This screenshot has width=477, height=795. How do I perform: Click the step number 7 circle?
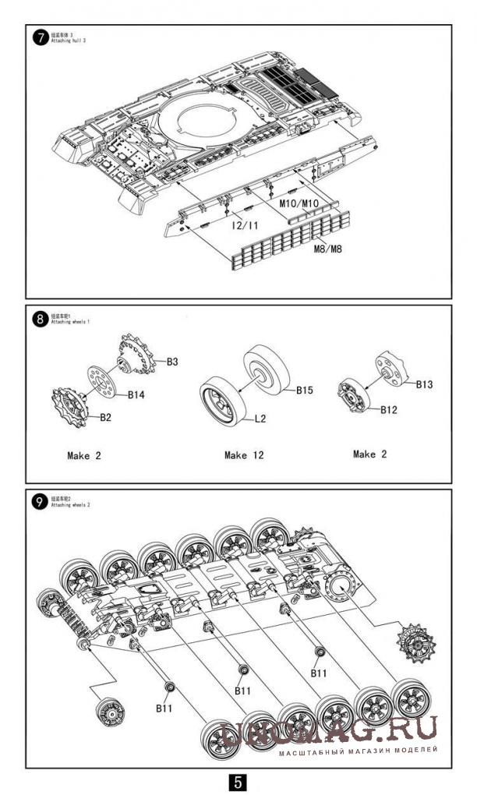[x=40, y=38]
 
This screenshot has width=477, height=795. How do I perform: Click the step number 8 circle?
[x=40, y=319]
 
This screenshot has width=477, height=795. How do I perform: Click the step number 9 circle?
[x=40, y=502]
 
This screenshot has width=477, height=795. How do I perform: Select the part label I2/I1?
[x=245, y=225]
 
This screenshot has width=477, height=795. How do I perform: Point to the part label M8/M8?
[x=329, y=249]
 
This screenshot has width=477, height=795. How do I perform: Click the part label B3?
[x=172, y=362]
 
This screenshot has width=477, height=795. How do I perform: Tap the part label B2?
[x=105, y=417]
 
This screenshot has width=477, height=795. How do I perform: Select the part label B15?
[x=304, y=390]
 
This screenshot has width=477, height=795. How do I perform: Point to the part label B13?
[x=424, y=383]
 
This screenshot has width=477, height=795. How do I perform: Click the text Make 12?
[x=244, y=455]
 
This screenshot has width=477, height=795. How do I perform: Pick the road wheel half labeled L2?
[x=222, y=402]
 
